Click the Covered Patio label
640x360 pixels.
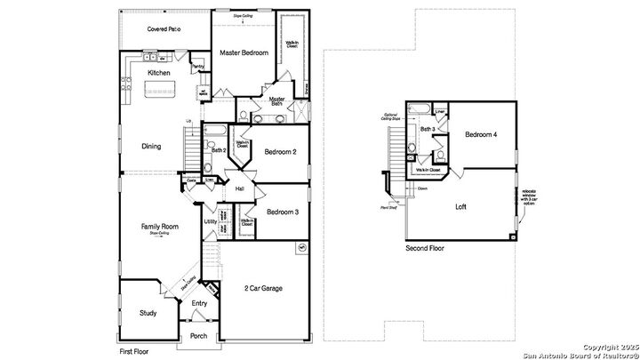click(165, 29)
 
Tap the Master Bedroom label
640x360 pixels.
click(244, 53)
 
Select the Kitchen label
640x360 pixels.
click(159, 72)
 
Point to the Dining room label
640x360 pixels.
click(151, 147)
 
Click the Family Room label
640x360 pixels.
click(161, 227)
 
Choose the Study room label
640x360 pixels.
click(148, 313)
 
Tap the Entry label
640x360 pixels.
click(199, 304)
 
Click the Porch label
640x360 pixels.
click(199, 335)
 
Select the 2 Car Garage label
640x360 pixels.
click(264, 288)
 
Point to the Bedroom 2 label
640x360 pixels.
click(280, 152)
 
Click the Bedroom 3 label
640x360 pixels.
click(282, 212)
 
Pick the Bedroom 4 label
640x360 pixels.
click(481, 134)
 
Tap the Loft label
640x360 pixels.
click(460, 207)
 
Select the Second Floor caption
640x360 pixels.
click(424, 248)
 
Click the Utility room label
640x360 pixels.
click(211, 221)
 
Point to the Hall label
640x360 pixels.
click(240, 188)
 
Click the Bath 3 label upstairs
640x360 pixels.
click(428, 130)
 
